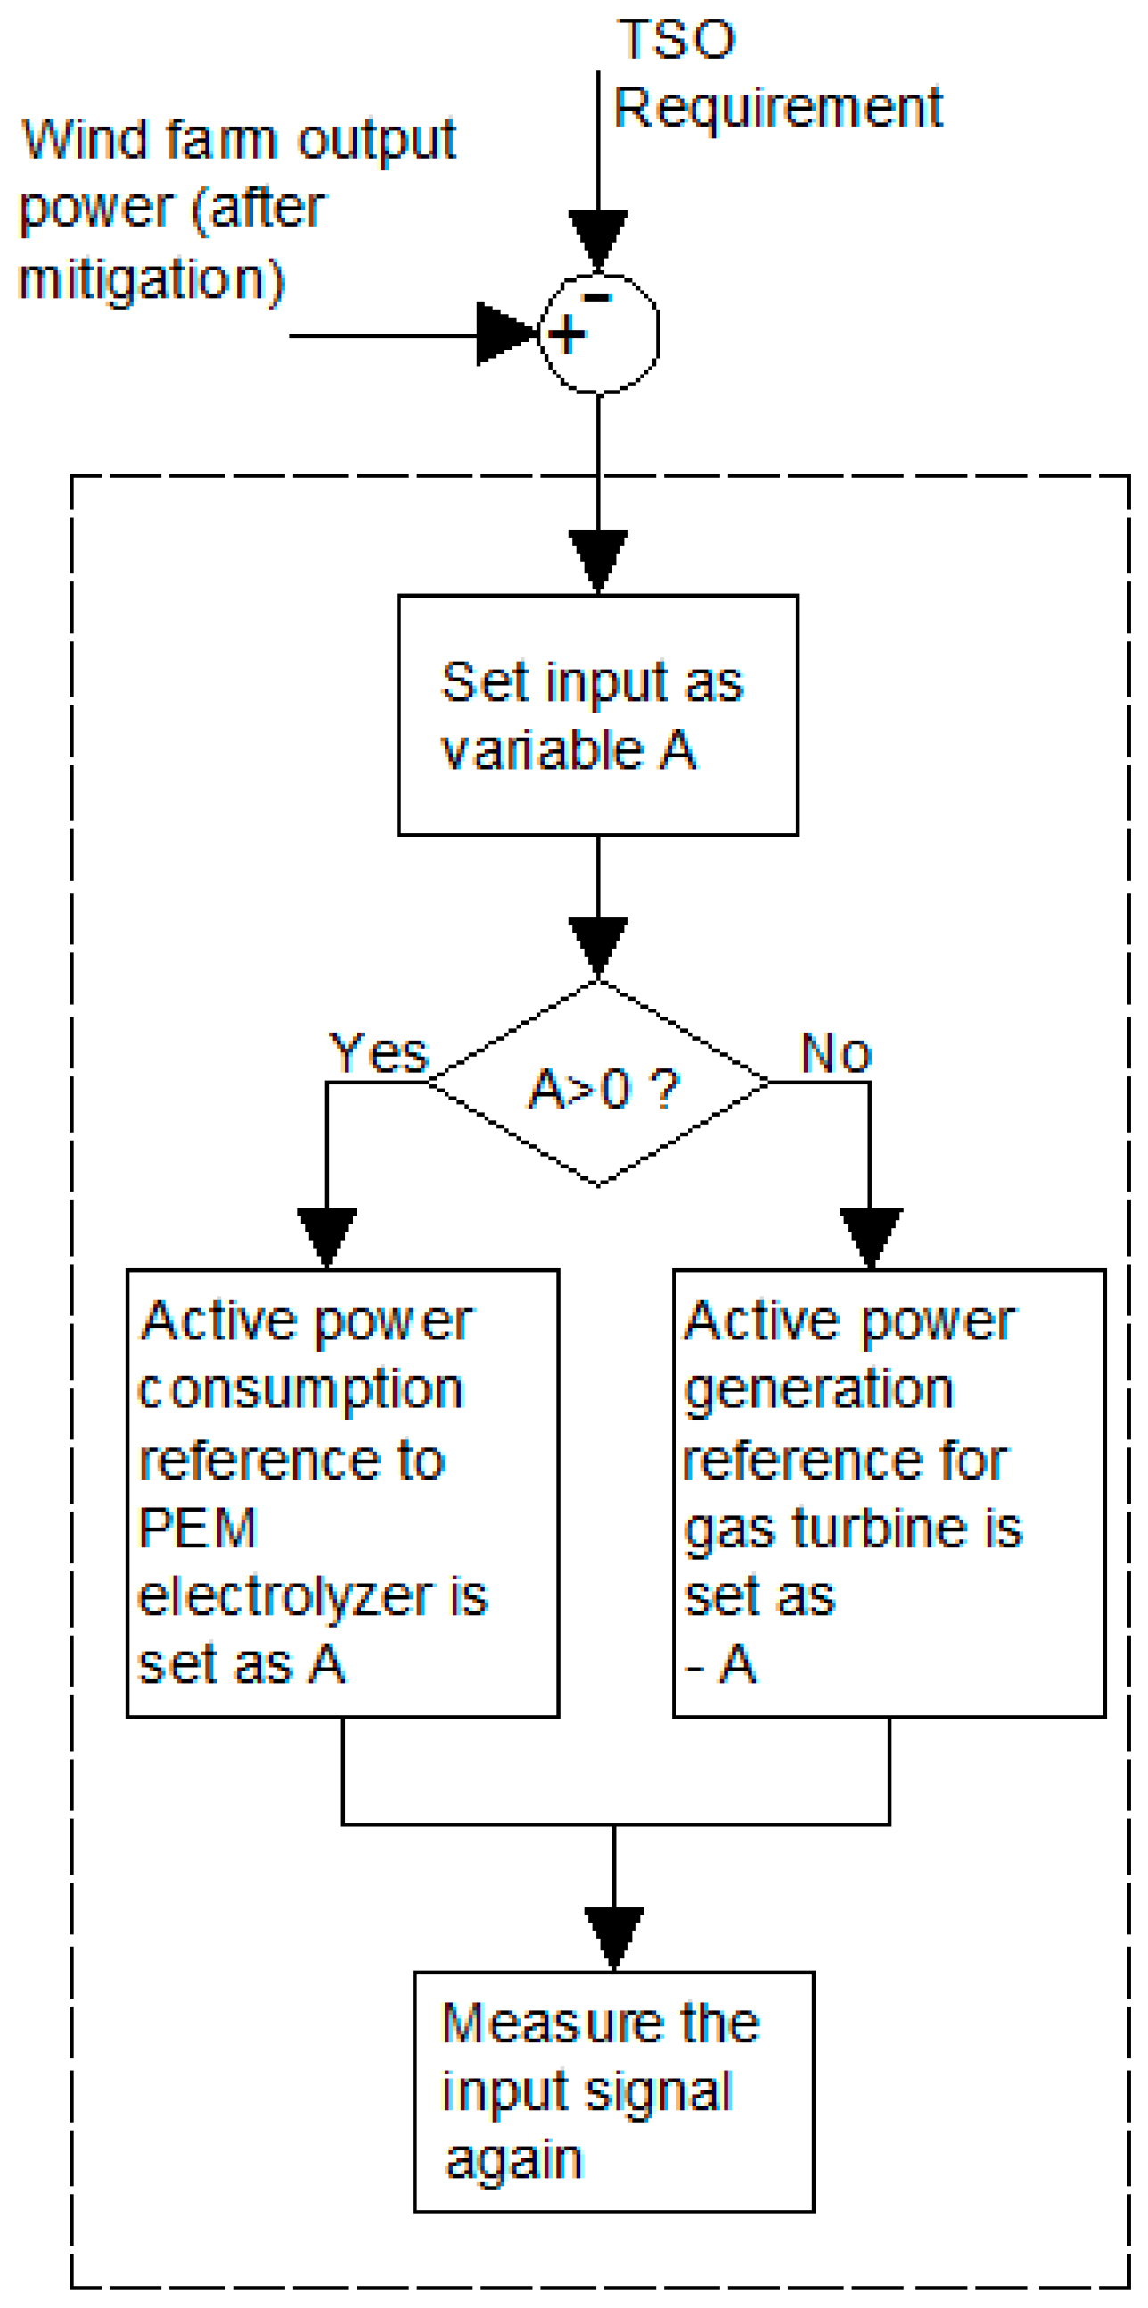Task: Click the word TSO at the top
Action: pyautogui.click(x=676, y=40)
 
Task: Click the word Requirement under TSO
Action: pyautogui.click(x=777, y=109)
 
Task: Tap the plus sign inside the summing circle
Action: pyautogui.click(x=566, y=336)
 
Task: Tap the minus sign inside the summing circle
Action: pyautogui.click(x=596, y=299)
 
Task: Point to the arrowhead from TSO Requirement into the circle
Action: pyautogui.click(x=598, y=238)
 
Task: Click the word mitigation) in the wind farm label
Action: pyautogui.click(x=151, y=279)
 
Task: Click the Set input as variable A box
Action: pyautogui.click(x=597, y=715)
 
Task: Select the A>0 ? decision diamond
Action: pyautogui.click(x=598, y=1084)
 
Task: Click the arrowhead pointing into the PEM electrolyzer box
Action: pyautogui.click(x=327, y=1236)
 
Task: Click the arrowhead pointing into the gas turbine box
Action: pyautogui.click(x=871, y=1236)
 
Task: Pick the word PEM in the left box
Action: pyautogui.click(x=198, y=1528)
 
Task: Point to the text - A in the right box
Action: pyautogui.click(x=721, y=1664)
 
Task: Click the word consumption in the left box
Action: pyautogui.click(x=300, y=1390)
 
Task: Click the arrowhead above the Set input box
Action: pyautogui.click(x=598, y=559)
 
